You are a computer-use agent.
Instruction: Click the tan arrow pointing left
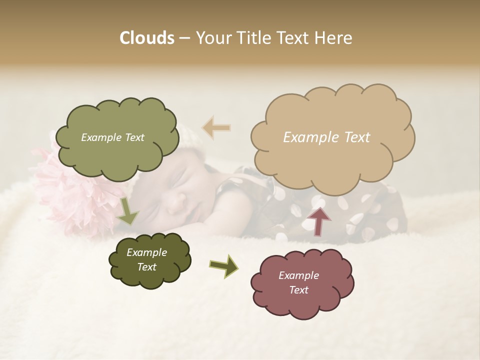click(216, 127)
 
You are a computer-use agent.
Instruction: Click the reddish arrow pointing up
click(318, 220)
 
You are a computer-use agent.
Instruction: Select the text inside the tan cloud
click(326, 137)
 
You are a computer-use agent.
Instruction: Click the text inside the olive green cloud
click(112, 137)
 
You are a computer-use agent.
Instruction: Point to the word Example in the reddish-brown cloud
click(298, 275)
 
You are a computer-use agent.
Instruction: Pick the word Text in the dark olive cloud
click(146, 267)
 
